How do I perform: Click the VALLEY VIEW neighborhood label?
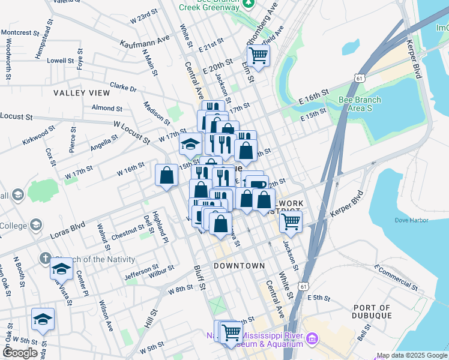coord(82,93)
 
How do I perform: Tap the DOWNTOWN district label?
coord(240,265)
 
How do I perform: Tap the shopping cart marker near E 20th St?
coord(258,56)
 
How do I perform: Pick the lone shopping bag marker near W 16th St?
coord(166,175)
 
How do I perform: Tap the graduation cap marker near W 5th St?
coord(43,319)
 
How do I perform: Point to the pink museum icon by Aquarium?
coord(312,340)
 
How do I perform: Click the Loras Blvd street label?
coord(70,228)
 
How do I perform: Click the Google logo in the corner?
coord(20,352)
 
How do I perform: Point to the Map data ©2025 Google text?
coord(411,355)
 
